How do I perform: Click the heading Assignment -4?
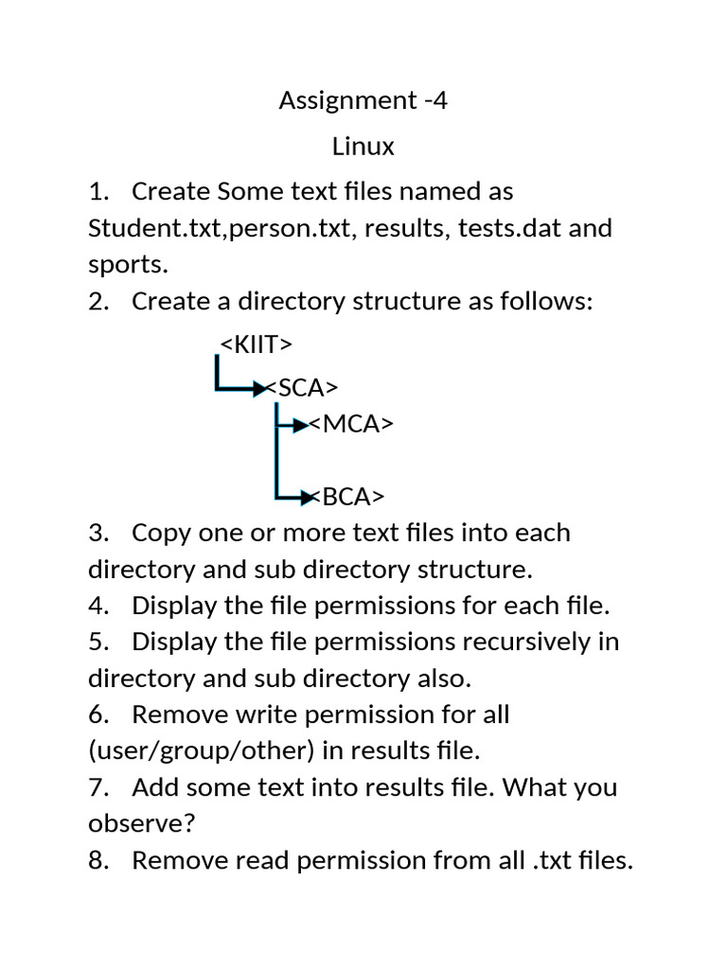point(363,101)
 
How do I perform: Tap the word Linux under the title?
point(363,147)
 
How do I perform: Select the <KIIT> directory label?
point(256,343)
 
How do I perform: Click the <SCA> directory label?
point(302,388)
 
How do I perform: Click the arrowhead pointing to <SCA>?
point(258,388)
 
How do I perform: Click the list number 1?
point(98,192)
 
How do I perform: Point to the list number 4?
point(98,606)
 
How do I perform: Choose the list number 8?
point(98,861)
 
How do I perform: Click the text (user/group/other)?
point(201,751)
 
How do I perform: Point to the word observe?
point(141,824)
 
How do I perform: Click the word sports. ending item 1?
point(128,265)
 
